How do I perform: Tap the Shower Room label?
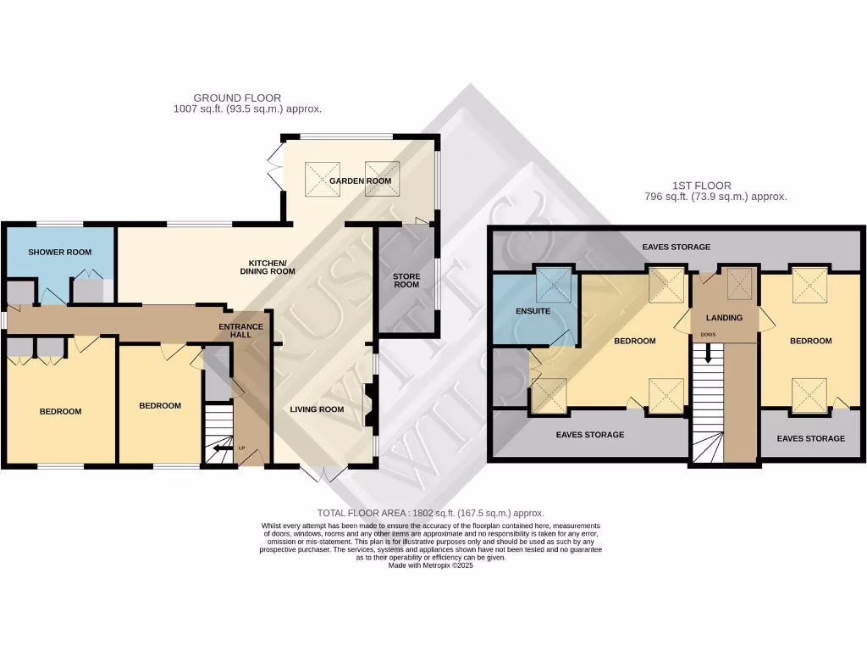pos(59,253)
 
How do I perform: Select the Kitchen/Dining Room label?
pos(271,266)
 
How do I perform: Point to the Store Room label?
pos(406,281)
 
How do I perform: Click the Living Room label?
pos(317,409)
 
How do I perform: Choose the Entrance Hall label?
pos(241,331)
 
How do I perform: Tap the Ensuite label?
pos(533,311)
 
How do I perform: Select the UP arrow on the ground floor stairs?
pos(223,448)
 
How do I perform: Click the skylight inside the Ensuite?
pos(555,284)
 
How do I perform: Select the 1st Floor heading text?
pos(715,191)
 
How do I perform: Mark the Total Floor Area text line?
pos(430,513)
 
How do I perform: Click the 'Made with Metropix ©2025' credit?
pos(430,565)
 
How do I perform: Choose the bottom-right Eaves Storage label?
pos(810,438)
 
